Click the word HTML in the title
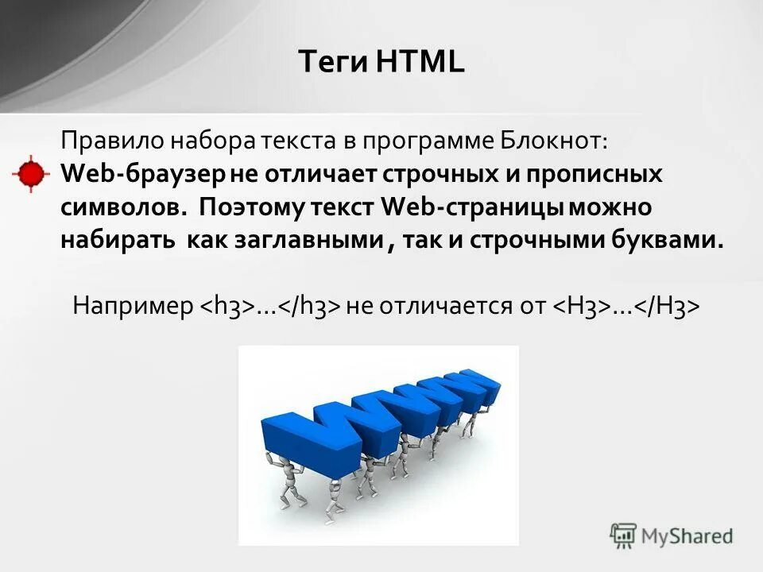click(x=425, y=62)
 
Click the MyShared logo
click(x=672, y=536)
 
